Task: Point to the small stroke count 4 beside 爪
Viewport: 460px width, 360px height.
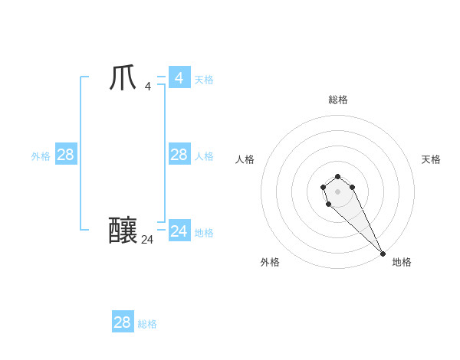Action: [x=147, y=86]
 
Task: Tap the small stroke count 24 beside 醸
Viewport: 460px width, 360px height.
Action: [x=147, y=240]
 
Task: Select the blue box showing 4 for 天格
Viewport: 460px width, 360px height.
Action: [x=179, y=77]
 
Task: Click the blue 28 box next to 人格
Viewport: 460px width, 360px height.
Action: [x=179, y=155]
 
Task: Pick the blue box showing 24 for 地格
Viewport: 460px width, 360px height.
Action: [x=179, y=231]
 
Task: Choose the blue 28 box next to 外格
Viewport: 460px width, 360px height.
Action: [x=65, y=155]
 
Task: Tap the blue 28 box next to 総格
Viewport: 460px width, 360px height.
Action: [x=123, y=322]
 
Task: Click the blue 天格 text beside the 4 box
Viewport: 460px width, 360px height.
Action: [x=204, y=80]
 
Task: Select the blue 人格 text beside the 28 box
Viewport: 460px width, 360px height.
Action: [x=204, y=156]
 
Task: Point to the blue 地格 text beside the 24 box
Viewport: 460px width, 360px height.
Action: [x=204, y=233]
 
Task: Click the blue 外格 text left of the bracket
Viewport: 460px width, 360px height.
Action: [x=41, y=156]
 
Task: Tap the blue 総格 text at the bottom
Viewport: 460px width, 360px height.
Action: [x=147, y=324]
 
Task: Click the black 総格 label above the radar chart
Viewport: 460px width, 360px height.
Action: [x=338, y=100]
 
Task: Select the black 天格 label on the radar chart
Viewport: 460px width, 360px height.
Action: [x=431, y=159]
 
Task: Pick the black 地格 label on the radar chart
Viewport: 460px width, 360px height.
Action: [x=402, y=262]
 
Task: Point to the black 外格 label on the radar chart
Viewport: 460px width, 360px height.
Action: [x=270, y=262]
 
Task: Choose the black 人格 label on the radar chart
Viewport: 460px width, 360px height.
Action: [x=245, y=159]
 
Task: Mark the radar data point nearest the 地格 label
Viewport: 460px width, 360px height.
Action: [x=383, y=253]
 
